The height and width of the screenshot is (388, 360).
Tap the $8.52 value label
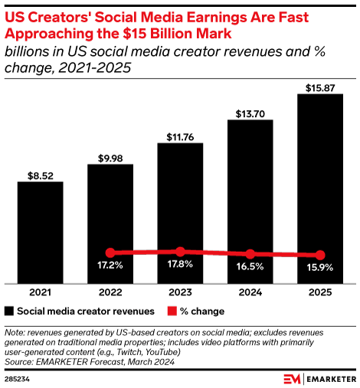pos(41,174)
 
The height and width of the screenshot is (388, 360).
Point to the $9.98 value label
pos(110,158)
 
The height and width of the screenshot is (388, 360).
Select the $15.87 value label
pos(320,87)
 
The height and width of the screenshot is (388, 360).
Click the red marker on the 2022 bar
pos(110,253)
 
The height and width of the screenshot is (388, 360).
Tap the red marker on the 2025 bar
pos(320,255)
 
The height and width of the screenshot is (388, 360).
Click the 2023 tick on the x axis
pos(180,292)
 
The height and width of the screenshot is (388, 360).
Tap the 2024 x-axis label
pos(250,292)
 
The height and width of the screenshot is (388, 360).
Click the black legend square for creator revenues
pos(9,311)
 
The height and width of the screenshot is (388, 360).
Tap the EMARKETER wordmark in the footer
pos(329,378)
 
